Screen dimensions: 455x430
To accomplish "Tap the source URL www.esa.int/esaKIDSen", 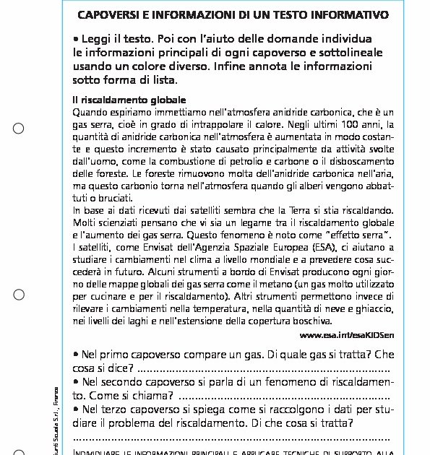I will click(346, 335).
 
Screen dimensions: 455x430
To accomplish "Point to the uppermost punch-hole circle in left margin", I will click(19, 129).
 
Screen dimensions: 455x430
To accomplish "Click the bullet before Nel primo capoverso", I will click(77, 355).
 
